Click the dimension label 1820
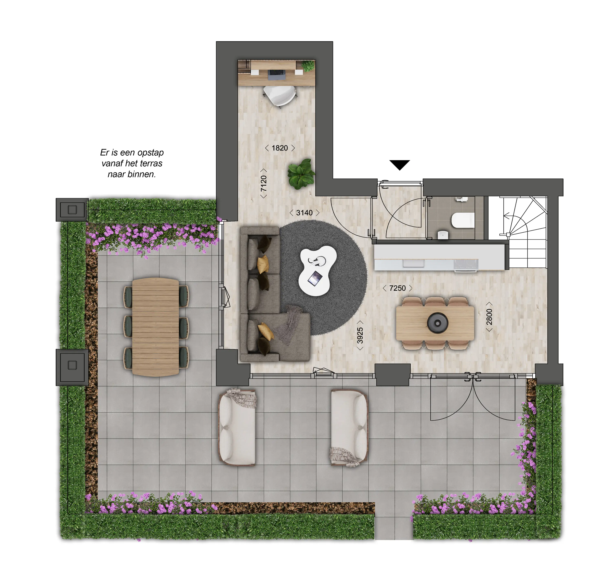click(x=279, y=148)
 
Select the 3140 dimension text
click(x=304, y=213)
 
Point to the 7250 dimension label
click(x=397, y=288)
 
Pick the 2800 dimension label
click(x=489, y=317)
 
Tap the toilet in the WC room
click(x=463, y=220)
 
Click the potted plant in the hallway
click(x=301, y=174)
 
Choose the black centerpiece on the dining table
click(x=437, y=323)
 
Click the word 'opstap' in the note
click(x=151, y=153)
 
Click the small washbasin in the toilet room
click(x=443, y=235)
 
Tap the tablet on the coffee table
click(x=315, y=278)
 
